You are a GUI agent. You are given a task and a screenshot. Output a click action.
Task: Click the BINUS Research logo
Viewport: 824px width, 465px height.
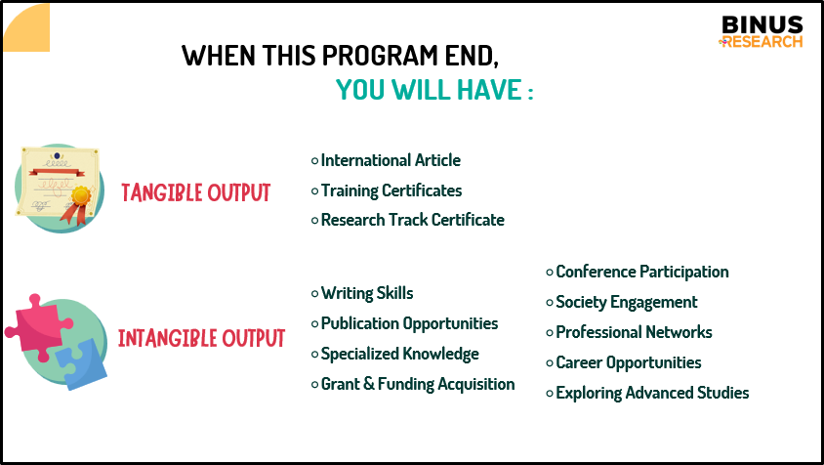(761, 31)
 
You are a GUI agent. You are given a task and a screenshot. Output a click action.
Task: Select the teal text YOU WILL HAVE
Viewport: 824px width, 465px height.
(429, 90)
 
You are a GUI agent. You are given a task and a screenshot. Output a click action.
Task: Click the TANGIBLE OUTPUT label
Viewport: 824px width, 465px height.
(195, 192)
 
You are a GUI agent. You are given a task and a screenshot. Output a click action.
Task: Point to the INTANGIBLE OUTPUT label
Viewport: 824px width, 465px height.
(201, 338)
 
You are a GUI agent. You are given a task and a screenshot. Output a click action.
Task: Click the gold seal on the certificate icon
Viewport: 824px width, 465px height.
(81, 196)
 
